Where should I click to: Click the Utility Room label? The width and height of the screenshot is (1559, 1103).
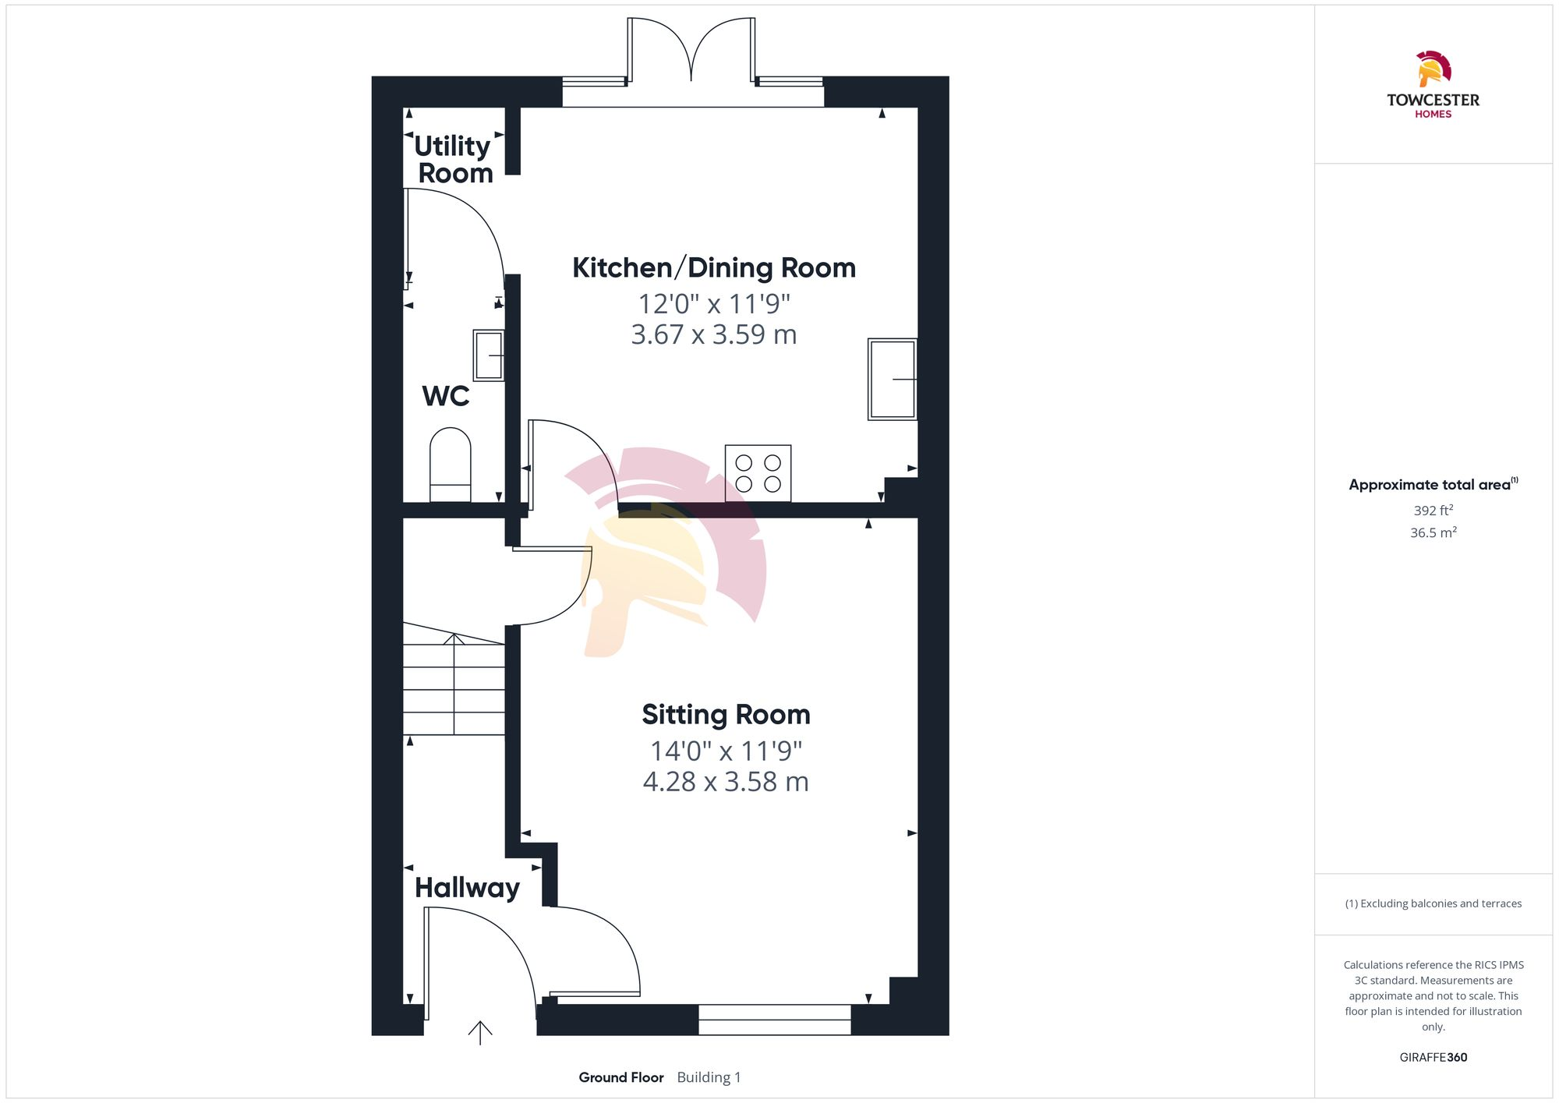point(453,159)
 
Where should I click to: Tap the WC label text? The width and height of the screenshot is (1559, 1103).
point(446,396)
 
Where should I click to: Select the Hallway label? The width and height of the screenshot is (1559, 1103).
point(467,887)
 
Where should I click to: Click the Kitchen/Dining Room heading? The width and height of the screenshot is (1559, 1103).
point(714,267)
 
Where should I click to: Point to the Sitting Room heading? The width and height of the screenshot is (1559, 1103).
point(726,714)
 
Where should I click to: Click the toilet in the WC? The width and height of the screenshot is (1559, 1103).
point(451,465)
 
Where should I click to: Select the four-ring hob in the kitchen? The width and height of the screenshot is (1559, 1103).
point(758,473)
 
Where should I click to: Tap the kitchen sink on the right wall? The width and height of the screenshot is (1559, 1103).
point(893,379)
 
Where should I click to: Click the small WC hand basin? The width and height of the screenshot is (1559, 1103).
point(489,355)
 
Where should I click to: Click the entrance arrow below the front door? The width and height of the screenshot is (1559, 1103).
point(480,1033)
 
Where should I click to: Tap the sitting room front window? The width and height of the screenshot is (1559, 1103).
point(774,1020)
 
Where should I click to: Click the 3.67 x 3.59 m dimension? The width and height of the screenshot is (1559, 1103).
point(714,334)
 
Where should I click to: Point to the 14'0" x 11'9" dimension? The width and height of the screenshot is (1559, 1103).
point(726,751)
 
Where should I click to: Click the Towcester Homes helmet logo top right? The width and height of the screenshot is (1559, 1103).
point(1433,69)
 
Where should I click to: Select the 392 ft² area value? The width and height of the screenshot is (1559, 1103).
point(1433,511)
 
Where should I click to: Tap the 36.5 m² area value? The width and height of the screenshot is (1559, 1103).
point(1433,532)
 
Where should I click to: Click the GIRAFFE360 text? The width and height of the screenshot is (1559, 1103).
point(1433,1057)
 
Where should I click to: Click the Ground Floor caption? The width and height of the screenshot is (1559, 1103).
point(621,1077)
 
